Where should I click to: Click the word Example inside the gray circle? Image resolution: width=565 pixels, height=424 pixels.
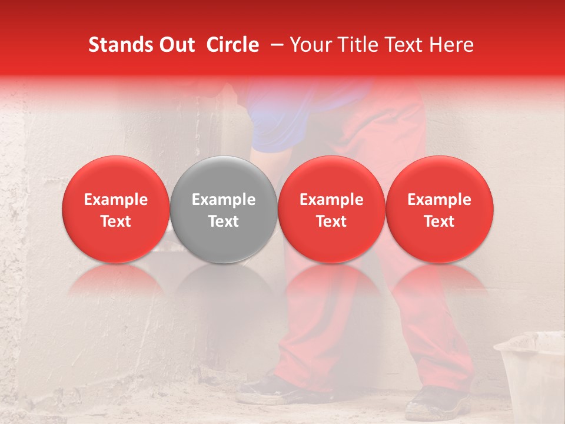(223, 200)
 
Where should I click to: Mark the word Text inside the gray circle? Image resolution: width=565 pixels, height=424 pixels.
(223, 221)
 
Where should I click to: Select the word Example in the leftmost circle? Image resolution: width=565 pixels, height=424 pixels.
(115, 200)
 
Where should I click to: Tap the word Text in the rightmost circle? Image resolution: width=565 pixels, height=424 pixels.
(439, 221)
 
